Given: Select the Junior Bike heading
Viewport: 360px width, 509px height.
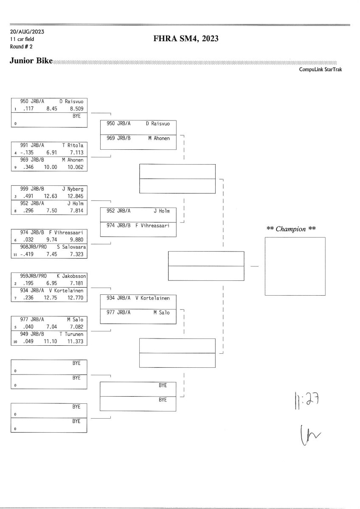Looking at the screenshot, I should tap(31, 62).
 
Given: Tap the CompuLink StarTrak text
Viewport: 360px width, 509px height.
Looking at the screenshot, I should tap(321, 70).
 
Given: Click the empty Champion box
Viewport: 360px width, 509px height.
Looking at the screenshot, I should tap(295, 266).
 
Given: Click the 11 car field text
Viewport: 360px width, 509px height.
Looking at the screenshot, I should tap(22, 39).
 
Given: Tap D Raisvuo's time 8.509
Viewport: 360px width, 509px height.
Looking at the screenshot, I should tap(77, 109).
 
